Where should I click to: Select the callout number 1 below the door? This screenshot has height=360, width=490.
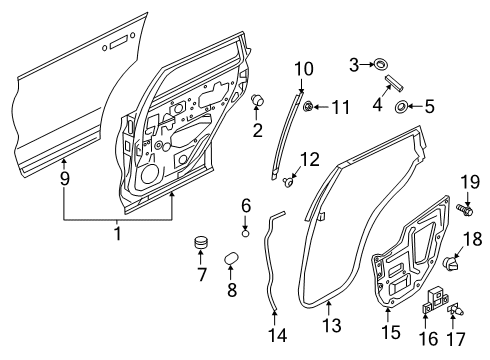tap(117, 234)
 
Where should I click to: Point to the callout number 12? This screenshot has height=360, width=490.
tap(311, 157)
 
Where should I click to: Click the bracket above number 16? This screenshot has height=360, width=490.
tap(437, 297)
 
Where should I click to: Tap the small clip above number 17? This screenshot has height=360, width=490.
tap(456, 310)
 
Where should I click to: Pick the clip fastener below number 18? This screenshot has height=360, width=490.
tap(450, 265)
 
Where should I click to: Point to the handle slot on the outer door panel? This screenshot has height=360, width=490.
tap(117, 41)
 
